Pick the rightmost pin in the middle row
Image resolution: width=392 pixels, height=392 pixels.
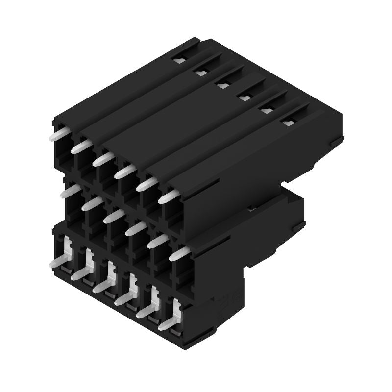click(180, 253)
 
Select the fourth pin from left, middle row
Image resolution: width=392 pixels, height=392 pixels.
click(135, 228)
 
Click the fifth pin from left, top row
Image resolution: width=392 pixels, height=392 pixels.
click(146, 184)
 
